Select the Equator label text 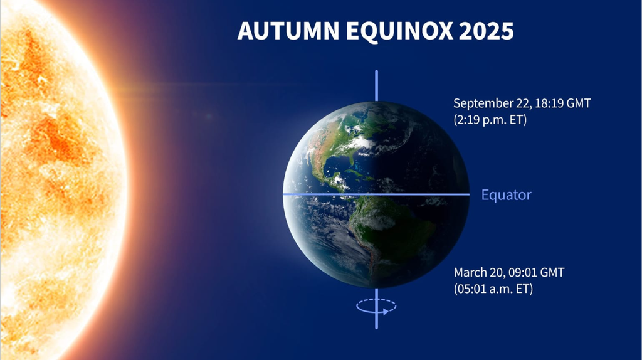coord(506,195)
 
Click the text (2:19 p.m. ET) coord(490,119)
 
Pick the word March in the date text coord(469,273)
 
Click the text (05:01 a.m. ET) coord(493,289)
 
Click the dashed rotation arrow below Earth coord(376,306)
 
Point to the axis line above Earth coord(376,85)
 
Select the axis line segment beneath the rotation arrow coord(376,321)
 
